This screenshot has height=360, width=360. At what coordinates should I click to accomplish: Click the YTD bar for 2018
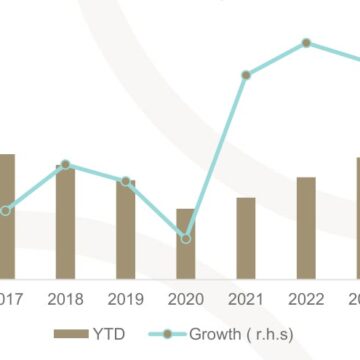coord(65,220)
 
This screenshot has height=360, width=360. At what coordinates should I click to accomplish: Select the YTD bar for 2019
coord(125,227)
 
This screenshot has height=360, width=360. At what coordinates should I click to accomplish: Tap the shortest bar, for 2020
coord(186,242)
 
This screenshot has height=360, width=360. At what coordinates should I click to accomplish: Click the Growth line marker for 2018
coord(65,164)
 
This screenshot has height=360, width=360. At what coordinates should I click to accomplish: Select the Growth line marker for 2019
coord(126,182)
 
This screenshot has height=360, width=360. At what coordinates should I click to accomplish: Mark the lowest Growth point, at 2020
coord(186,237)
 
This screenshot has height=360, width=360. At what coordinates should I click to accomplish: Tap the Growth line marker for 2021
coord(246,75)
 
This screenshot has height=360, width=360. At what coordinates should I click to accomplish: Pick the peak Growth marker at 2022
coord(306,43)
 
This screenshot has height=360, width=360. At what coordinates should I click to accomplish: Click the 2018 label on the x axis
coord(65,298)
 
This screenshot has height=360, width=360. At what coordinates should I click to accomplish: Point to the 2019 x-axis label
coord(125,298)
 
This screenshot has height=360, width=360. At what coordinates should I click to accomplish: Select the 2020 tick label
coord(186,298)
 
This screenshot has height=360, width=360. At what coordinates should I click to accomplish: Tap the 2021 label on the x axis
coord(246,298)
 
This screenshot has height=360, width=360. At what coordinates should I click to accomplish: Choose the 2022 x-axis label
coord(306,298)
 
